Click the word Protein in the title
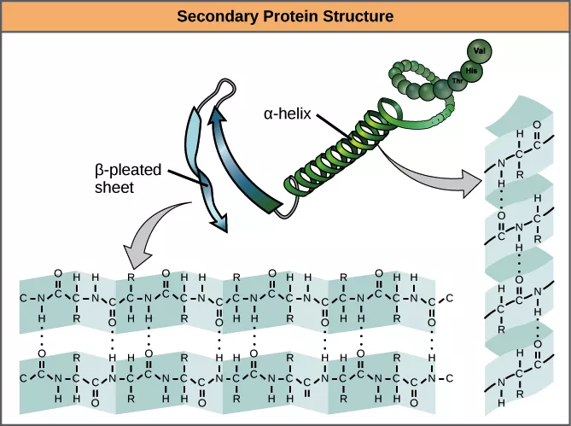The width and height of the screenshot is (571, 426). tap(282, 15)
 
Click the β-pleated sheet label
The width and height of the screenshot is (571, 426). tap(127, 176)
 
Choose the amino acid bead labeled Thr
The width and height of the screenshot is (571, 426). tap(446, 86)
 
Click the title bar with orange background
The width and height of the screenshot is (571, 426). tap(285, 15)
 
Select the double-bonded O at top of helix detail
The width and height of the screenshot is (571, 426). tap(535, 123)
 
